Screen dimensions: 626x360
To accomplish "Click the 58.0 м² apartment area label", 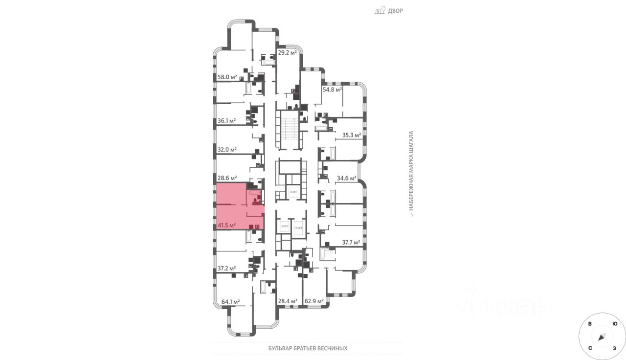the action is point(227,77).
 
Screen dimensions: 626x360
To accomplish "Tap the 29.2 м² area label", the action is point(288,52).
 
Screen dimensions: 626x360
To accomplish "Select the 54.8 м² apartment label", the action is point(332,90).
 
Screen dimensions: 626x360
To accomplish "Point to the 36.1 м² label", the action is point(227,121).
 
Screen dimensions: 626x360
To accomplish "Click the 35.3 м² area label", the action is point(351,135).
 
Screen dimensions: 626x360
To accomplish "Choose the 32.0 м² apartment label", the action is point(227,150).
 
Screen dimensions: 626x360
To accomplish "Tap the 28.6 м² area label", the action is point(227,178).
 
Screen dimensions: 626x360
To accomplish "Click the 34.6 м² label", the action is point(346,178).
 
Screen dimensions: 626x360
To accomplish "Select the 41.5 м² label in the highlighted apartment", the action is point(227,225).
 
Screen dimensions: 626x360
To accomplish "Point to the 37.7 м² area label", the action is point(351,242).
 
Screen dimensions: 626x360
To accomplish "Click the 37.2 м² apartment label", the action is point(227,269).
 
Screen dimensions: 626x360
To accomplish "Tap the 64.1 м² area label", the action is point(230,302).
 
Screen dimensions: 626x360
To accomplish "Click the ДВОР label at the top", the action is point(395,11).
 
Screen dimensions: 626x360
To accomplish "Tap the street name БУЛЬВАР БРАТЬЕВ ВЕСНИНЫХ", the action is point(308,348).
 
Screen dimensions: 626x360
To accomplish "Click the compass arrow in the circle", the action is point(602,336).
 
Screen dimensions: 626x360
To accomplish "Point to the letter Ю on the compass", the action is point(614,324).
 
